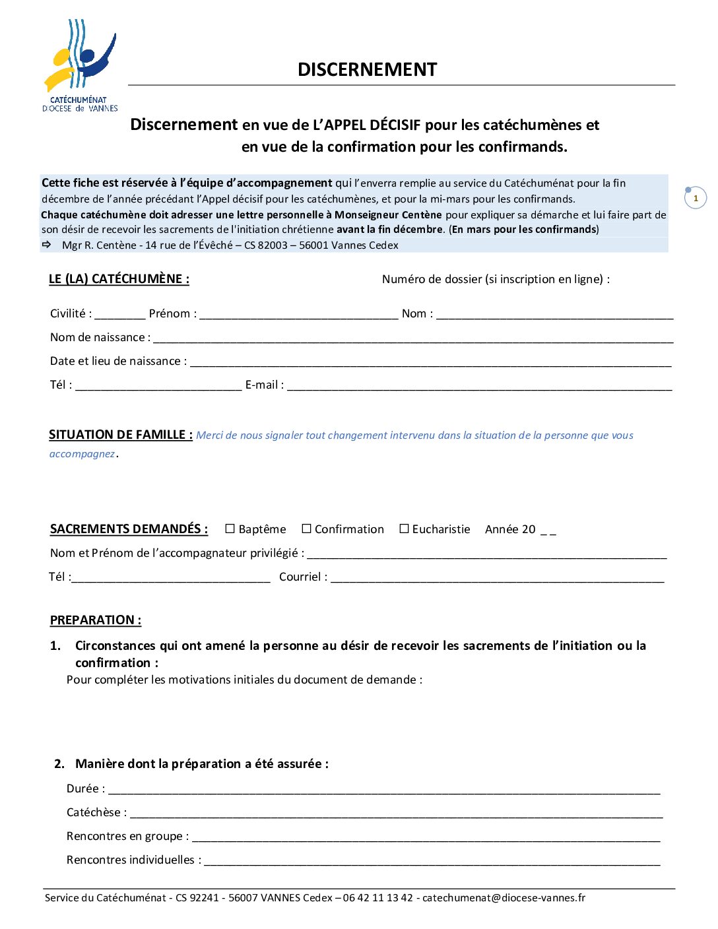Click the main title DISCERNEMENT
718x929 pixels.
[x=367, y=70]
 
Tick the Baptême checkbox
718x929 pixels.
[x=230, y=529]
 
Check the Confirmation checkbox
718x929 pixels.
[x=306, y=529]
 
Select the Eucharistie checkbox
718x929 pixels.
[x=404, y=529]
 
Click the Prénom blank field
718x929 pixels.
[x=298, y=315]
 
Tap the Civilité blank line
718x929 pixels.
[x=119, y=315]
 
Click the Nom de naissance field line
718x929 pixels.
[x=412, y=338]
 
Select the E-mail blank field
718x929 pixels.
[x=479, y=386]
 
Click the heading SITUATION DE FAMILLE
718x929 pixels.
[x=120, y=435]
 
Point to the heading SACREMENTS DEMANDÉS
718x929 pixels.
[x=129, y=529]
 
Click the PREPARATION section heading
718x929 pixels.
[x=96, y=620]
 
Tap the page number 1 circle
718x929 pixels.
[x=696, y=198]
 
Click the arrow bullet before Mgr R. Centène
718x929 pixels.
[x=47, y=245]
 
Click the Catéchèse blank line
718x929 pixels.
[x=396, y=814]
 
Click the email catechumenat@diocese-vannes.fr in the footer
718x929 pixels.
[x=504, y=898]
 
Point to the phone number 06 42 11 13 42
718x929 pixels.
[x=377, y=898]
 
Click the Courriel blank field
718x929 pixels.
[x=497, y=578]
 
